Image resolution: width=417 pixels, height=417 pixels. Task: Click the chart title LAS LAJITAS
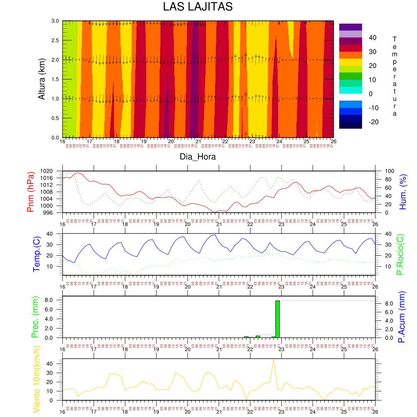(198, 7)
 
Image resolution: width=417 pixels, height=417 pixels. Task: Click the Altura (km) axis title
(41, 79)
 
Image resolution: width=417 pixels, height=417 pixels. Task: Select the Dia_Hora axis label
(198, 156)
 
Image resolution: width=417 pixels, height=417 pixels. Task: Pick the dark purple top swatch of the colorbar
(350, 27)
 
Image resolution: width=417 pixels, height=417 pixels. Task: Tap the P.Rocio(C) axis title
(400, 254)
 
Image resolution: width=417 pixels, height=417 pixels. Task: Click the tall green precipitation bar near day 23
(277, 319)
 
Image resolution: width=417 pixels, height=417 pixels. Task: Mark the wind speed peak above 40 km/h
(274, 360)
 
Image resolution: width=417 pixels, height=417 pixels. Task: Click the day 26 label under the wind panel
(375, 410)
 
